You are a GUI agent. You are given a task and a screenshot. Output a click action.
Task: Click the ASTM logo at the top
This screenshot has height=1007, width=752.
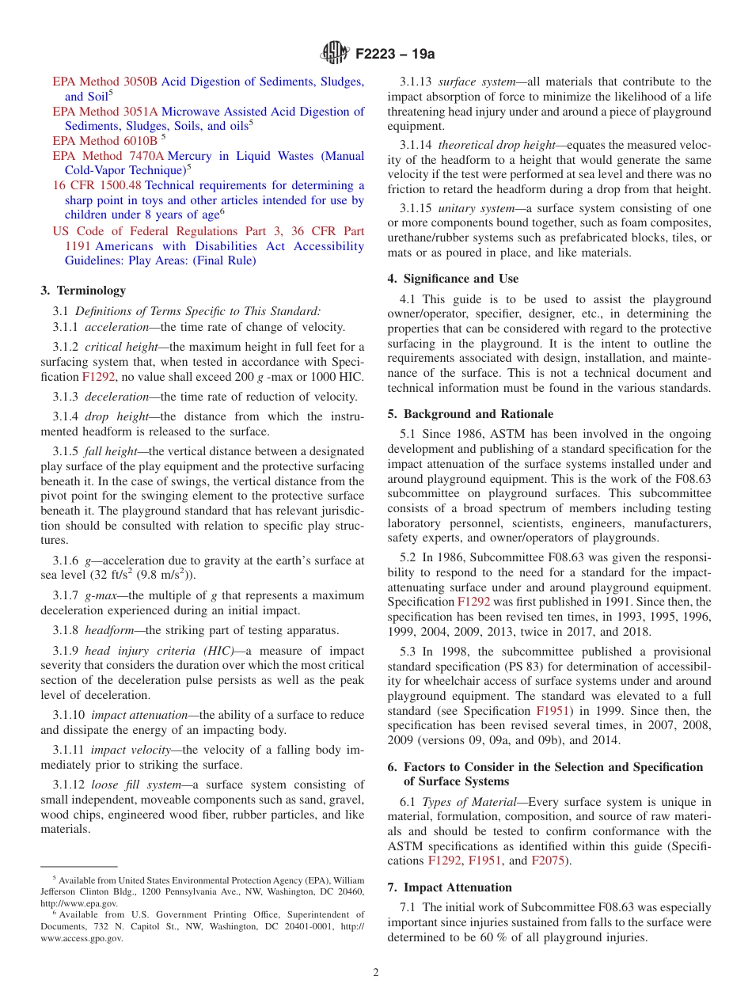(x=334, y=54)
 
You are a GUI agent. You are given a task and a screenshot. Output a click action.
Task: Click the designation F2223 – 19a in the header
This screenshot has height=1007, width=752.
(x=395, y=55)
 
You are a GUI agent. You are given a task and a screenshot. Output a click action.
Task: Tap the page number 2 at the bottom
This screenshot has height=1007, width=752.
(x=376, y=972)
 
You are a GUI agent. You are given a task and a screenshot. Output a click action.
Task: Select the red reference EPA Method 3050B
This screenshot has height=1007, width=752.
(x=104, y=82)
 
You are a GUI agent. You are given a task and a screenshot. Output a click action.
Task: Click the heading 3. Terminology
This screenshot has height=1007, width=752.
(x=83, y=291)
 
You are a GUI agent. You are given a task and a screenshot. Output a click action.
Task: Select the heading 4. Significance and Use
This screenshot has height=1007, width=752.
(x=453, y=279)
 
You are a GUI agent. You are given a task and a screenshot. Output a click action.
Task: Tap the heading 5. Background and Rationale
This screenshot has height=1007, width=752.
(x=470, y=414)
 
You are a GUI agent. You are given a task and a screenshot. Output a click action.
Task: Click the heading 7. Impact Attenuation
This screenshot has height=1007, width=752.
(x=450, y=887)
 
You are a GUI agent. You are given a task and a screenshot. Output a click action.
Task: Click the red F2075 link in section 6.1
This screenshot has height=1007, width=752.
(x=547, y=861)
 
